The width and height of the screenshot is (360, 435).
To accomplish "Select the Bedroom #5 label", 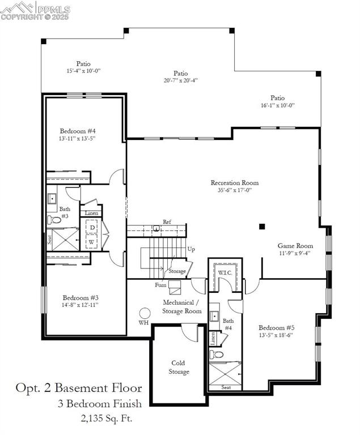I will tap(276, 328).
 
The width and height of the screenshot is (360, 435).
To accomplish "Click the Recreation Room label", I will tap(234, 183).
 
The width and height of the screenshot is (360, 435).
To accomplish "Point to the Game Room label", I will tap(295, 246).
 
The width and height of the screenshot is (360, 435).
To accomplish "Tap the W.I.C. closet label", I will tap(225, 272).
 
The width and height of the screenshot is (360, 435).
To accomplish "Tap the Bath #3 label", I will tap(65, 212).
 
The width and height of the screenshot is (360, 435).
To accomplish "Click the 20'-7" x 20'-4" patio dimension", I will tap(180, 80).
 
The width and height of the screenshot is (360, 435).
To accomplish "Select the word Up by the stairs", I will tap(191, 249).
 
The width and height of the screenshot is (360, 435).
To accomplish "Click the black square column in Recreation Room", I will tap(262, 227).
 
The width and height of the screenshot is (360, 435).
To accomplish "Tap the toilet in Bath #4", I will tap(217, 355).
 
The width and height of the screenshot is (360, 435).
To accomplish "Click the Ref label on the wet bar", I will tap(167, 221).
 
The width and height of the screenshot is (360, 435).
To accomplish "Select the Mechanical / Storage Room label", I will tap(181, 307).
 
